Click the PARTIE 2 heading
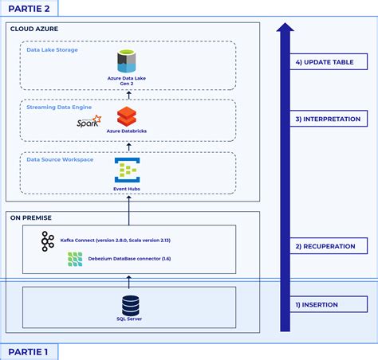tap(29, 9)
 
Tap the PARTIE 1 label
tap(28, 352)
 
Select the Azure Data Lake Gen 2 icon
tap(127, 61)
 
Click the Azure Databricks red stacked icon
tap(127, 116)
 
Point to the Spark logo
tap(89, 121)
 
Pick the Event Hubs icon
tap(127, 170)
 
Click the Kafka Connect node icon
tap(48, 241)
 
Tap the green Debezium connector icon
tap(75, 259)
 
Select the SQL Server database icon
tap(130, 306)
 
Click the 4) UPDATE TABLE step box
tap(329, 62)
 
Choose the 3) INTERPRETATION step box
tap(329, 119)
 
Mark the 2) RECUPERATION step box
tap(329, 246)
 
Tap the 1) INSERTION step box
tap(329, 304)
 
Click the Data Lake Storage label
tap(52, 50)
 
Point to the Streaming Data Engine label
tap(59, 108)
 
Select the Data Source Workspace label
tap(60, 159)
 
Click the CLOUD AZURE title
tap(34, 29)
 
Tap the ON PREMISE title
tap(31, 217)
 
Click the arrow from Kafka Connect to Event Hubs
tap(129, 210)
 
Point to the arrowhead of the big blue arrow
tap(285, 27)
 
